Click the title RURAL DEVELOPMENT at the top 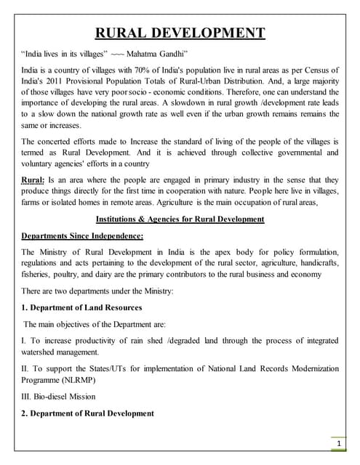[180, 33]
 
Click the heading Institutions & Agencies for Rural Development [180, 219]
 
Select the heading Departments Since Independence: [82, 236]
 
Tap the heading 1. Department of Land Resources [81, 307]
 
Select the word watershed [41, 352]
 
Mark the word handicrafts [317, 264]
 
